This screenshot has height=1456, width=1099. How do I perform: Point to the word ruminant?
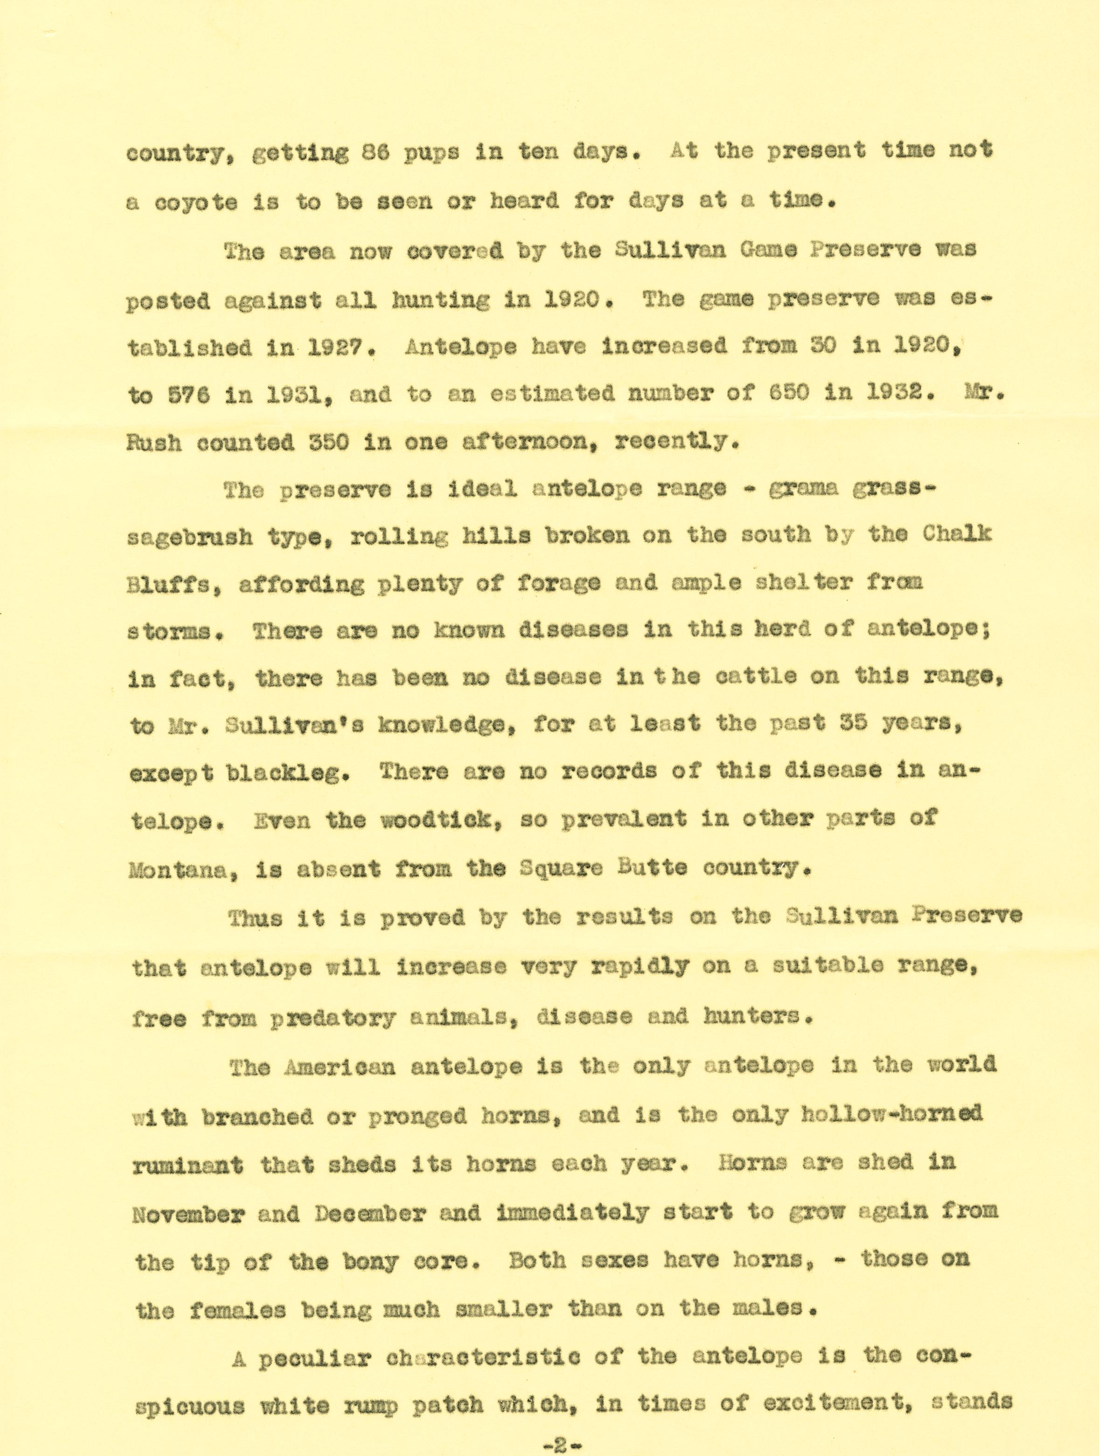coord(188,1165)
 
